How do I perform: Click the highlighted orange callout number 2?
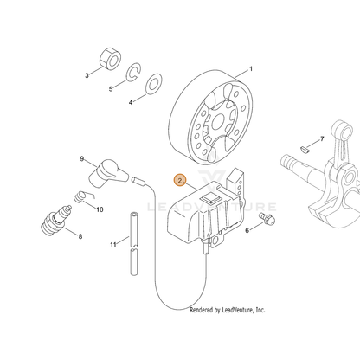tap(180, 181)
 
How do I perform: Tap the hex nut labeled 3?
tap(110, 59)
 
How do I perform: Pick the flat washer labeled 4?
tap(154, 84)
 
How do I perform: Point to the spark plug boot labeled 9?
tap(108, 173)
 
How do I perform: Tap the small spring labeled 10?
tap(81, 196)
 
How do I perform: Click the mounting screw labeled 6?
tap(267, 218)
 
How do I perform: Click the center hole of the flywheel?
tap(218, 122)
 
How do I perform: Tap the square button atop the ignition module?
tap(211, 199)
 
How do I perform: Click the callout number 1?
tap(251, 69)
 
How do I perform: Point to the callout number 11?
tap(113, 245)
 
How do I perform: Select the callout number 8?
tap(80, 236)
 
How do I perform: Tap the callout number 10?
tap(100, 209)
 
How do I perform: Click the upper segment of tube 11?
tap(133, 229)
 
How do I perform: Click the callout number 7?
tap(322, 139)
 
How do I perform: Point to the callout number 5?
tap(111, 89)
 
